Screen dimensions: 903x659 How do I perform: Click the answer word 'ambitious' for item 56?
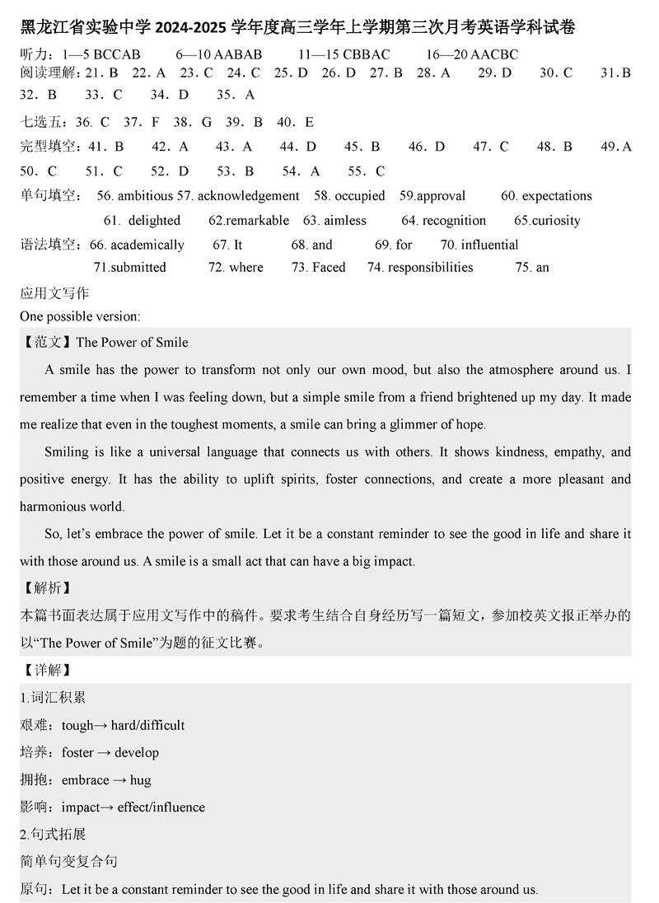pyautogui.click(x=145, y=196)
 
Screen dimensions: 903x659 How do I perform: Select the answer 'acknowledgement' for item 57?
pyautogui.click(x=248, y=196)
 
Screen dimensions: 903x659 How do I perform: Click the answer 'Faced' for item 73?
pyautogui.click(x=329, y=267)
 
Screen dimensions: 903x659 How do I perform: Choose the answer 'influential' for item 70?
pyautogui.click(x=490, y=245)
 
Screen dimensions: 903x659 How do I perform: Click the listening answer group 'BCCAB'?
pyautogui.click(x=118, y=54)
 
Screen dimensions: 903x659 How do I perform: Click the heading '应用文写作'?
pyautogui.click(x=54, y=292)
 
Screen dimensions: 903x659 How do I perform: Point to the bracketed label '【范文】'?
pyautogui.click(x=48, y=343)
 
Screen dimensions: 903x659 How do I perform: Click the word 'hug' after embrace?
pyautogui.click(x=140, y=779)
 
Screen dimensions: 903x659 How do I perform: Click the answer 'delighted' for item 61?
pyautogui.click(x=154, y=221)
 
